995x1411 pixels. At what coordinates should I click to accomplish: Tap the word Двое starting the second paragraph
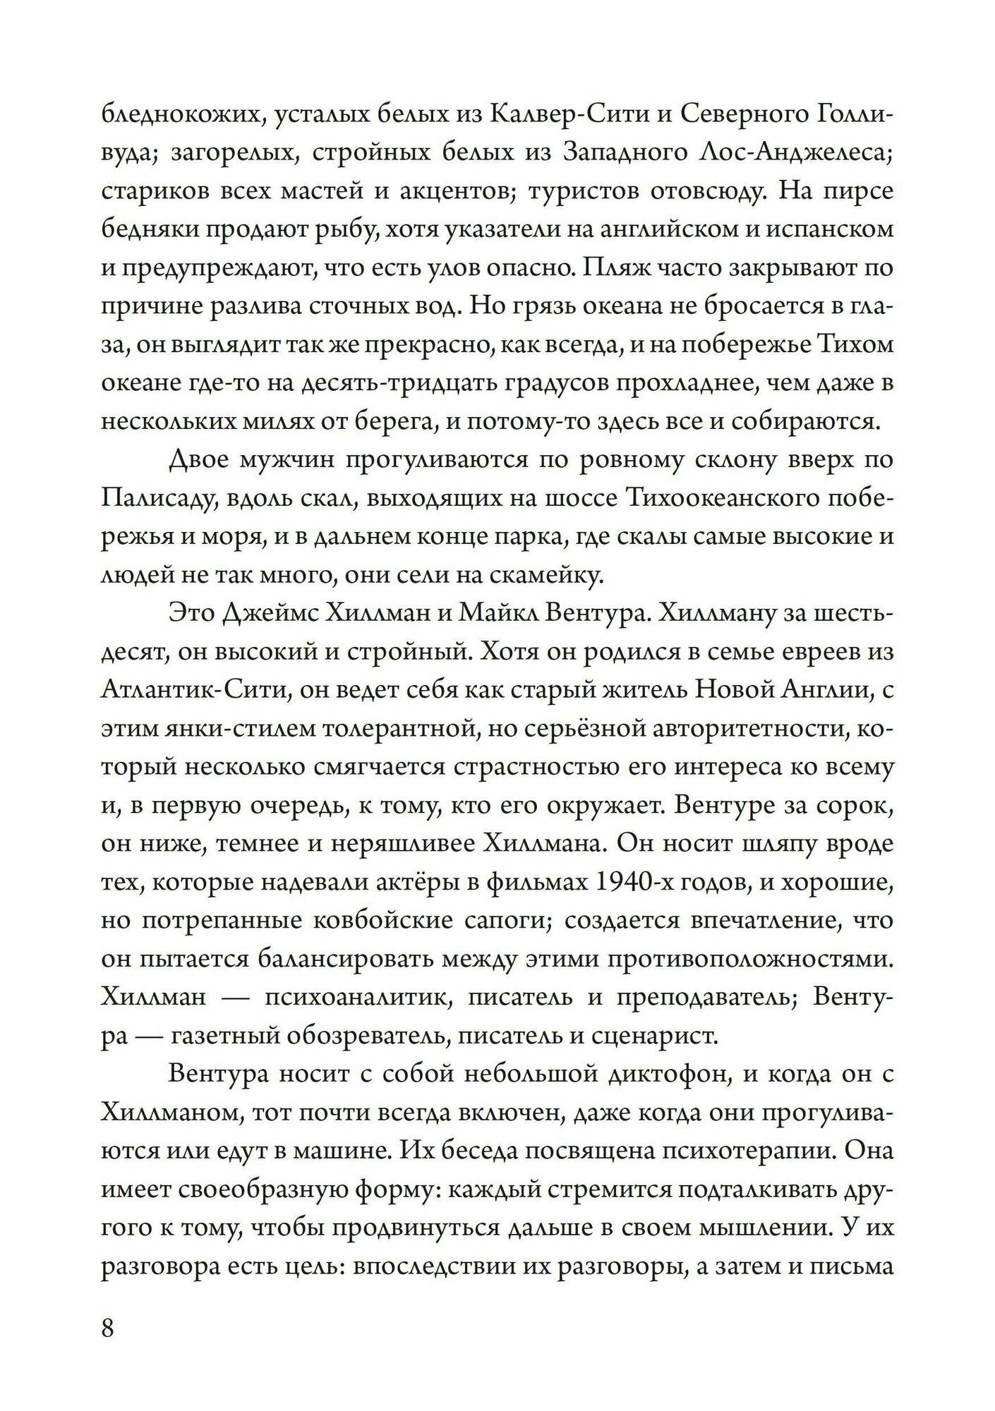coord(201,459)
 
